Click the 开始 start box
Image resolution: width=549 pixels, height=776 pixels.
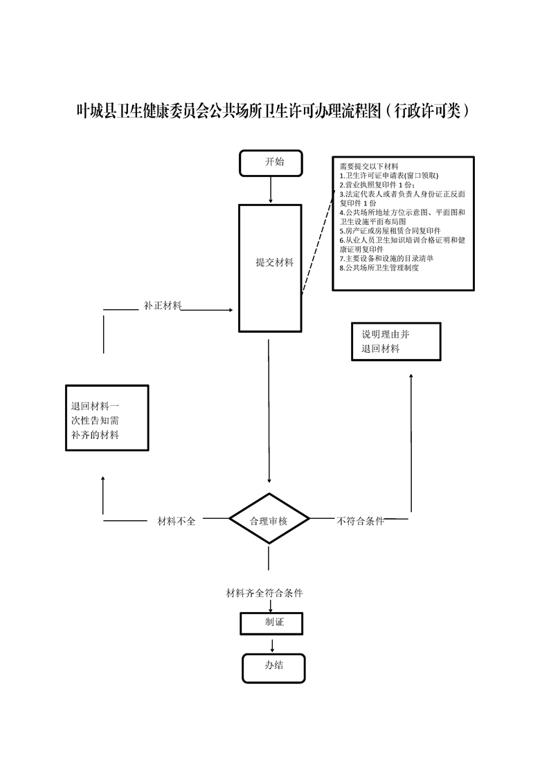coord(271,163)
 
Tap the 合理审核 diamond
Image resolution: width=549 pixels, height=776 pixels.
coord(269,520)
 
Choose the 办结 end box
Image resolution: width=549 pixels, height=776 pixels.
coord(273,667)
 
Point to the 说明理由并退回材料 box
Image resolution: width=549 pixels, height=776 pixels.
coord(395,342)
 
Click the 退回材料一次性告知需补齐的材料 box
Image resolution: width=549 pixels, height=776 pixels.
coord(107,418)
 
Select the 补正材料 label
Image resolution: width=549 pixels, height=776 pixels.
coord(163,305)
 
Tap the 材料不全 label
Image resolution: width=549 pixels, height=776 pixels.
coord(177,521)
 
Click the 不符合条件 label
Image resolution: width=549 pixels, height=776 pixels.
coord(360,521)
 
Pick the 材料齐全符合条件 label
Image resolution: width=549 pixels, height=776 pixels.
coord(264,593)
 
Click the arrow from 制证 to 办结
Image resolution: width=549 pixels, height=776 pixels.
coord(272,645)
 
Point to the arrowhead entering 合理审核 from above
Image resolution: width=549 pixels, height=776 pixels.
coord(269,480)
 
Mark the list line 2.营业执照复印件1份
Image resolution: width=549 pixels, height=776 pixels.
coord(377,185)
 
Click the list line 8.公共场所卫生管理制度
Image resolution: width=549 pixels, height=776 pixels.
coord(379,267)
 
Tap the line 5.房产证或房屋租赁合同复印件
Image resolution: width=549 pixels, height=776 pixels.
coord(390,230)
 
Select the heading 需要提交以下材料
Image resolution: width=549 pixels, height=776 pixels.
coord(368,167)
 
